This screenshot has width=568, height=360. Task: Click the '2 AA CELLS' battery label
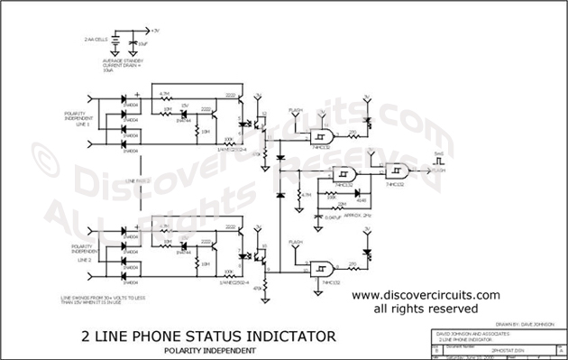[x=96, y=41]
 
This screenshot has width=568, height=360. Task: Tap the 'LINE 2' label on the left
[x=83, y=258]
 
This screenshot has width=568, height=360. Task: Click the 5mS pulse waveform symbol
[x=439, y=160]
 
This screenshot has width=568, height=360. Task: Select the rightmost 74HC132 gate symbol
[x=397, y=171]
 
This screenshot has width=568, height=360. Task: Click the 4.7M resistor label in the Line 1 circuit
[x=164, y=94]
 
